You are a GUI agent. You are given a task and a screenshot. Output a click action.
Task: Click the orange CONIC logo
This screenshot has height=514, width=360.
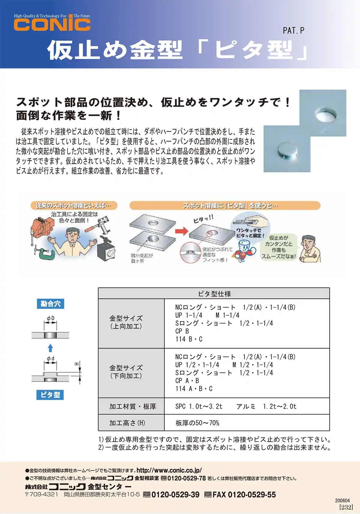point(52,25)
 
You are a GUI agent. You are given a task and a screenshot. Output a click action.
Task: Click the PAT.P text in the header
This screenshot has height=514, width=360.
point(293,31)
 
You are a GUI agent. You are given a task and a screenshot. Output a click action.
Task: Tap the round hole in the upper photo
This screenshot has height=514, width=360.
point(325,115)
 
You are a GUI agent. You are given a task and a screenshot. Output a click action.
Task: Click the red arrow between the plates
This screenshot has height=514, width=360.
point(181,231)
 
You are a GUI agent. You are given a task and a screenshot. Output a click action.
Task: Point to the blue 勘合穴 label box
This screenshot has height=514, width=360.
point(50,304)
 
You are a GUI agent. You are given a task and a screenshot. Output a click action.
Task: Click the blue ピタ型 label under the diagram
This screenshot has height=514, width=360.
point(50,395)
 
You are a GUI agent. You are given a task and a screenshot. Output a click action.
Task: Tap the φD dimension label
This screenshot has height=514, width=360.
point(50,318)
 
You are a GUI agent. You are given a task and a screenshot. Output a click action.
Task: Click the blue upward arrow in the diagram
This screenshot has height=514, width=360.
point(50,348)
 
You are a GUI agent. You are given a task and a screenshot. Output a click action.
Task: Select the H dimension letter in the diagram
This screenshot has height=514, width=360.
point(77,364)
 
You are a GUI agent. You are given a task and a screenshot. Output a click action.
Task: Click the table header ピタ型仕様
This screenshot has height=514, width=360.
point(214,294)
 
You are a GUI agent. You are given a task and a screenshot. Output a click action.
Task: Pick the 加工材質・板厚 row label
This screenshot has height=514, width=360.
point(132,406)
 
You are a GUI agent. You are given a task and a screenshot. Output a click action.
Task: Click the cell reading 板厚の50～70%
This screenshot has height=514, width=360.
point(197,423)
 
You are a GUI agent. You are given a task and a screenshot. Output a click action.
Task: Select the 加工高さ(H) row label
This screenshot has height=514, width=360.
point(127,423)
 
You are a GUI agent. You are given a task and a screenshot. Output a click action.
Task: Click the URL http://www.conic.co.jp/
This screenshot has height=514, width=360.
point(169,470)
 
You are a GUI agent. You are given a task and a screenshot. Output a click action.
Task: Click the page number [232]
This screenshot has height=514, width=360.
point(346,507)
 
